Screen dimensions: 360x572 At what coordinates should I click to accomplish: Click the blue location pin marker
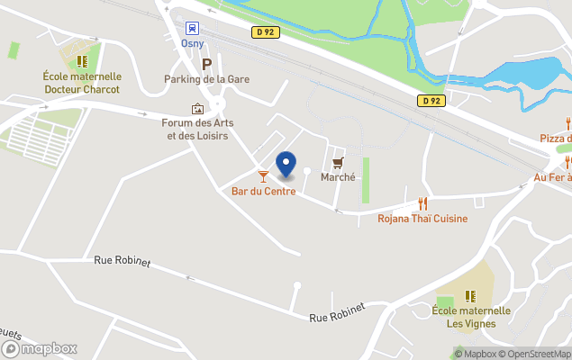[286, 165]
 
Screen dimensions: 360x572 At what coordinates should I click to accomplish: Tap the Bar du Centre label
[263, 191]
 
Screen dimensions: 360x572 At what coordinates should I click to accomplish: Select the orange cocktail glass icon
[263, 176]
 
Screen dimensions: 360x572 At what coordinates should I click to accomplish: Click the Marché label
[338, 177]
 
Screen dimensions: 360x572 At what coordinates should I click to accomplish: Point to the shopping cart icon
[338, 163]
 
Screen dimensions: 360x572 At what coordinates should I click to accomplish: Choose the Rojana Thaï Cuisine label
[422, 218]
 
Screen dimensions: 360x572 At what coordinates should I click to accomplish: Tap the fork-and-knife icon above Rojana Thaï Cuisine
[422, 203]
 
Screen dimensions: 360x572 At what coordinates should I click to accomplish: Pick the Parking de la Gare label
[206, 79]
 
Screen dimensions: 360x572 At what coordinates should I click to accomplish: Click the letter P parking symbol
[206, 64]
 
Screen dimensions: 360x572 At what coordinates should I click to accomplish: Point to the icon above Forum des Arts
[197, 109]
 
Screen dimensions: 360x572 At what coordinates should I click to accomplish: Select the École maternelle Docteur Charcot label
[82, 83]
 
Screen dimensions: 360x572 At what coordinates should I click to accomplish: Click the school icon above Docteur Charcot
[82, 61]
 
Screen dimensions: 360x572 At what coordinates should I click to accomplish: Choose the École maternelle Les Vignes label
[471, 317]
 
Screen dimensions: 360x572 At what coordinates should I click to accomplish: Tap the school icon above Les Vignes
[471, 295]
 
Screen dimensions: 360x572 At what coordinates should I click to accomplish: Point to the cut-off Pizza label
[555, 138]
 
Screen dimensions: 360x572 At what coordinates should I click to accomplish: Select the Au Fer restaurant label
[552, 177]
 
